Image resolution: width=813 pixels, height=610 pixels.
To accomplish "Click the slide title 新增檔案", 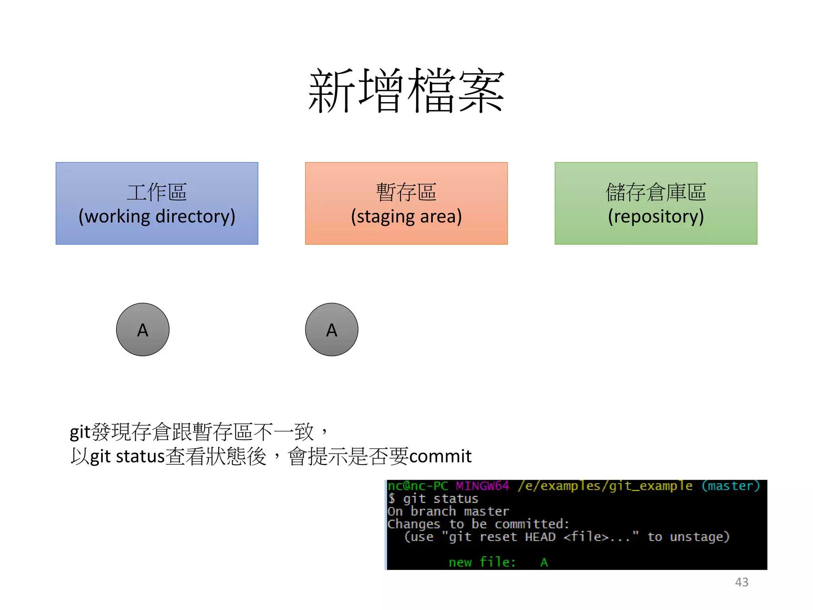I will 406,91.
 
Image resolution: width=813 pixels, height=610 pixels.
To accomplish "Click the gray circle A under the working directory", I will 143,330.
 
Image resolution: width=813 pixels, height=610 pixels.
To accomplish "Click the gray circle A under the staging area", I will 331,330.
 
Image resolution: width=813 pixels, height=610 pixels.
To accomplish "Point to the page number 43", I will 742,582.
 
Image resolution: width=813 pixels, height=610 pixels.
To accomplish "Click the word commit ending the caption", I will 440,456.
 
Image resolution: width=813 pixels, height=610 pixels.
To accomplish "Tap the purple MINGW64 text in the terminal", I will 482,486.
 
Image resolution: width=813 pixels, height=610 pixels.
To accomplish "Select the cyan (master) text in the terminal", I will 730,486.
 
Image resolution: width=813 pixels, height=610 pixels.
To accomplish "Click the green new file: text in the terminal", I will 482,562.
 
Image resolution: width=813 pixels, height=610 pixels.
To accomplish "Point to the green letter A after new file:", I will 544,562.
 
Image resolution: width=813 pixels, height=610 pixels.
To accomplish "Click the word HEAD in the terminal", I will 540,537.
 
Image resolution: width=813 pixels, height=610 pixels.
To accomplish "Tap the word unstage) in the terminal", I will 699,537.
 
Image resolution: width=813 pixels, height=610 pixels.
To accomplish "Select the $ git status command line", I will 433,498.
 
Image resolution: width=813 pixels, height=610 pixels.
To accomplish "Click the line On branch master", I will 448,511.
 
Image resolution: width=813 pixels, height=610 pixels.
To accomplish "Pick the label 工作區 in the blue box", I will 157,192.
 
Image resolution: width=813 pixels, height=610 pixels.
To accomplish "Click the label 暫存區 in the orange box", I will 406,192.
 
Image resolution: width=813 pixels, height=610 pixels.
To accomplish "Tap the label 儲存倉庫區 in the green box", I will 656,192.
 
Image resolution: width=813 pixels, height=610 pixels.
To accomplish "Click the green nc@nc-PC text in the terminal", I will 418,486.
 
